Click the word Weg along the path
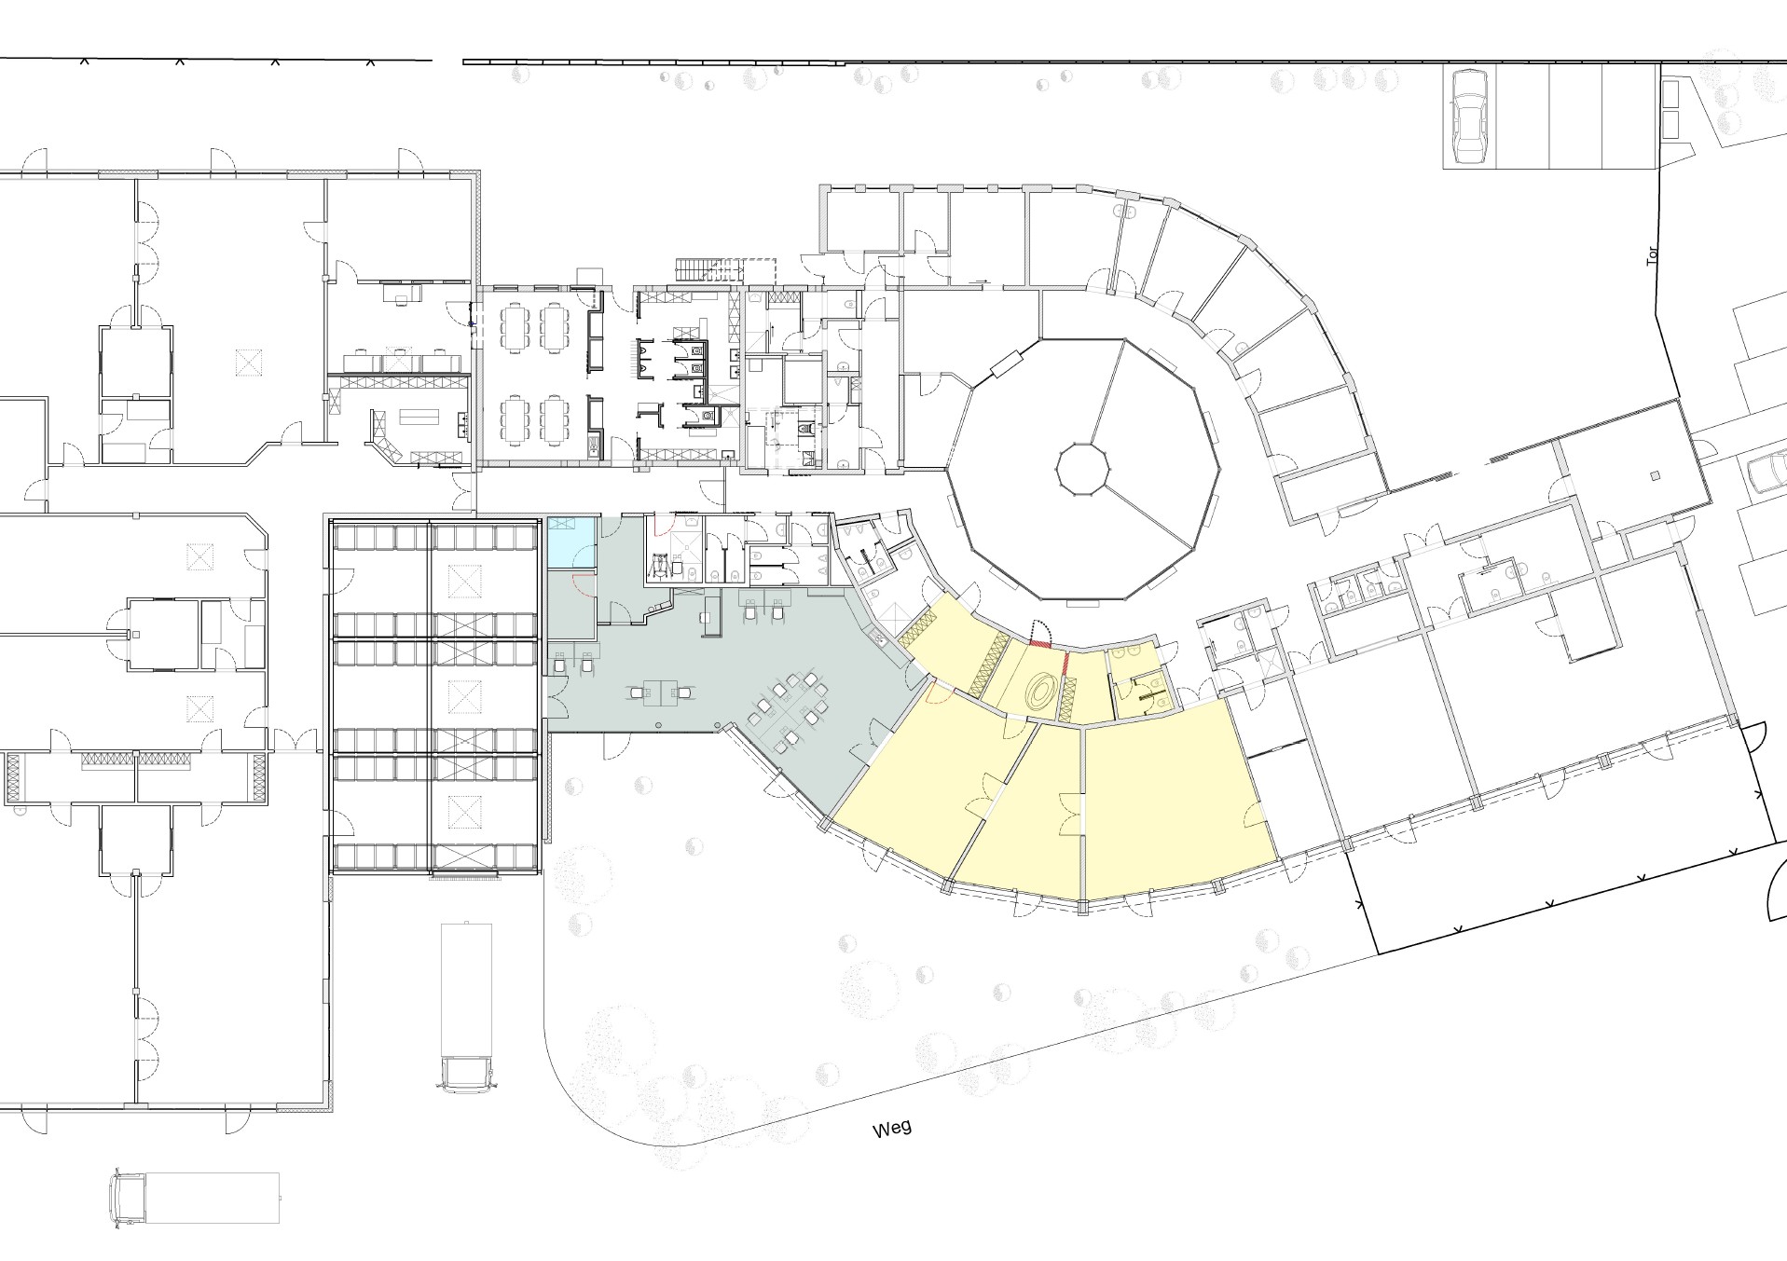pos(892,1129)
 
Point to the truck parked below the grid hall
pos(465,1007)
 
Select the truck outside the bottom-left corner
pos(196,1198)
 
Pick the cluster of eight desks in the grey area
pos(789,708)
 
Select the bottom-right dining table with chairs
pos(557,419)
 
